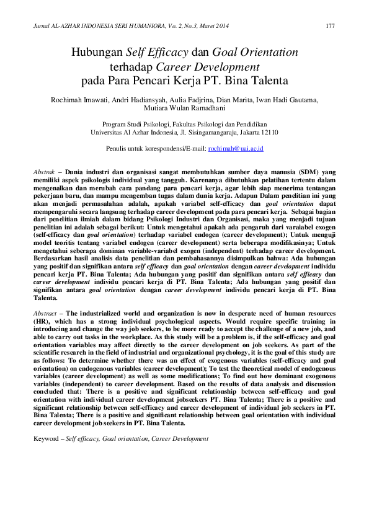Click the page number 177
click(x=330, y=25)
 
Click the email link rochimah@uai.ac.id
click(x=236, y=149)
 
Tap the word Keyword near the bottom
click(x=47, y=438)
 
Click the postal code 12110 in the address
click(x=266, y=132)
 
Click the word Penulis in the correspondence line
click(x=117, y=149)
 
